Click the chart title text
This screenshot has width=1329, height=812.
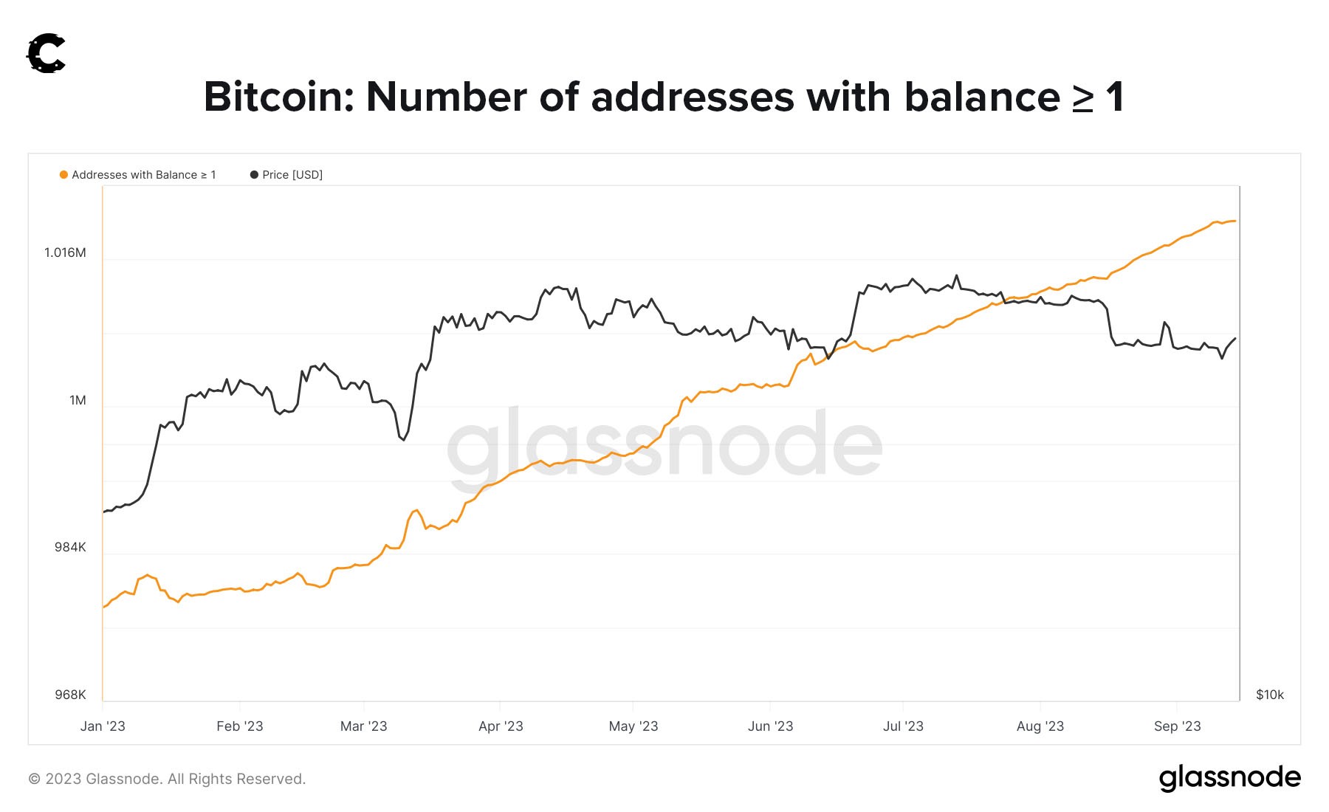[x=664, y=97]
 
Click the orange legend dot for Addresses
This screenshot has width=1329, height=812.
[x=63, y=175]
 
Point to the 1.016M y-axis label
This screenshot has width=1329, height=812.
[x=65, y=252]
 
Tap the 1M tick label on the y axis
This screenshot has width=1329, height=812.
[x=78, y=400]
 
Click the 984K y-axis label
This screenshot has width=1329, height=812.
[x=70, y=547]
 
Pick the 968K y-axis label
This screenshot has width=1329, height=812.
[x=70, y=695]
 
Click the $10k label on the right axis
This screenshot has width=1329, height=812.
[x=1270, y=695]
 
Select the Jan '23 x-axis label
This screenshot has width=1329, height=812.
[x=103, y=726]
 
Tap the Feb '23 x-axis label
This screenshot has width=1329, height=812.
[x=239, y=726]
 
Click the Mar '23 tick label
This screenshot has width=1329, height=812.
[x=363, y=726]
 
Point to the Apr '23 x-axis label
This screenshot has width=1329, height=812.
[x=501, y=726]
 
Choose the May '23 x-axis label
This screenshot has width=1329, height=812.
[x=633, y=726]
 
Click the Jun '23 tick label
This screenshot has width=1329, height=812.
[x=770, y=726]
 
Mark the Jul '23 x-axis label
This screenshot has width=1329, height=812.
[x=903, y=726]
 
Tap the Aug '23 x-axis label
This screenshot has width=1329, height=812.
[x=1040, y=726]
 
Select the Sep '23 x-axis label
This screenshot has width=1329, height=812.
[x=1177, y=726]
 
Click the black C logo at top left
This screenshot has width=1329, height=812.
[x=47, y=54]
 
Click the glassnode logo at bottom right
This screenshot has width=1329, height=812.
[x=1229, y=778]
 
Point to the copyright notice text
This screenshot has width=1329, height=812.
[x=167, y=779]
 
